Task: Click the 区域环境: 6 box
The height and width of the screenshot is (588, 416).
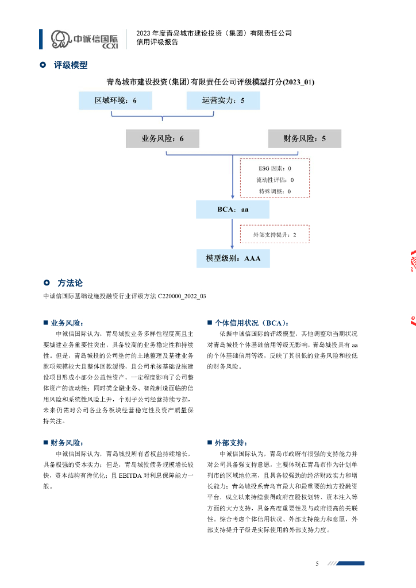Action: (115, 100)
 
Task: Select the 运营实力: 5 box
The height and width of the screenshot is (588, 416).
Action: (223, 100)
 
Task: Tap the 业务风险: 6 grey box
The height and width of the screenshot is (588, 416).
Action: (163, 138)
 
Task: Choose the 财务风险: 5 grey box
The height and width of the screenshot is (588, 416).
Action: (305, 138)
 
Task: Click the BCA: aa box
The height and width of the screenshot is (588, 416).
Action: (233, 210)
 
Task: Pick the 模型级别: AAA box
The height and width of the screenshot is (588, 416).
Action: (233, 258)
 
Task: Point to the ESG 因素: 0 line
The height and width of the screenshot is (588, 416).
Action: (274, 168)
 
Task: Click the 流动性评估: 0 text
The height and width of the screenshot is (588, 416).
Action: (274, 180)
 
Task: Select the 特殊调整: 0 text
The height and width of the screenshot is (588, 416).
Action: (274, 191)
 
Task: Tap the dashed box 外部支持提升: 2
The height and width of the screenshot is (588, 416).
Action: (275, 234)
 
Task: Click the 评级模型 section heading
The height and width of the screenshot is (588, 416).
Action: (71, 65)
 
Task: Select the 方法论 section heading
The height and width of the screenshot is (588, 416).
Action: (70, 283)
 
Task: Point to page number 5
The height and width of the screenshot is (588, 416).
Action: (317, 563)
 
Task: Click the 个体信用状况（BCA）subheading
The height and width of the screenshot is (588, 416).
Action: (252, 323)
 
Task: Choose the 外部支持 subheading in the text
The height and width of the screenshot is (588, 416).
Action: (231, 443)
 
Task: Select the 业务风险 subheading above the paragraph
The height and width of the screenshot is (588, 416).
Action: (68, 323)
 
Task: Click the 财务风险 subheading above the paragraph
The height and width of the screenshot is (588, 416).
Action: (68, 443)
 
